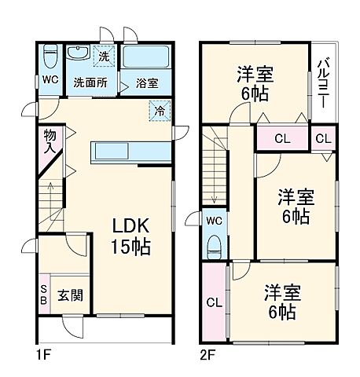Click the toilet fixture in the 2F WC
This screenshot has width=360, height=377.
coord(213,246)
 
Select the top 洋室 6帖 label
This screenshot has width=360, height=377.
coord(255,83)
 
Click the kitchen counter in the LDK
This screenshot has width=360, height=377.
coord(115,151)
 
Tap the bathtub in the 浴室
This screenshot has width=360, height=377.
coord(145,57)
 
